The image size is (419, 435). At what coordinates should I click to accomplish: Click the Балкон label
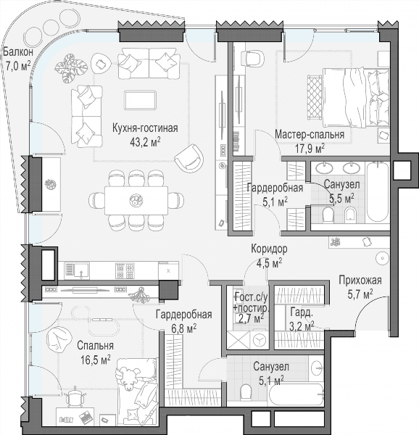point(18,52)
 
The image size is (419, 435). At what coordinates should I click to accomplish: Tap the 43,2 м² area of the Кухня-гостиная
point(145,142)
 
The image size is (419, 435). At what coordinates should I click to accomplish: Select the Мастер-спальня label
point(310,135)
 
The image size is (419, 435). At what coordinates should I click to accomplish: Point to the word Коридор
point(269,249)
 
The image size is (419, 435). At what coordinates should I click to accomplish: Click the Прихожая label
point(360,280)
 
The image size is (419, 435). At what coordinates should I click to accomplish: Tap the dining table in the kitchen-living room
point(136,200)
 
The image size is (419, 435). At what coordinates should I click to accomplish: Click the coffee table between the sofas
point(140,100)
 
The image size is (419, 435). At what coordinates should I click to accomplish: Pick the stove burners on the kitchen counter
point(125,270)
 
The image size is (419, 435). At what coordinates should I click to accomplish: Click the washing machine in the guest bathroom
point(260,339)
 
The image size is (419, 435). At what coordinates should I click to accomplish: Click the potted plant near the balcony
point(69,68)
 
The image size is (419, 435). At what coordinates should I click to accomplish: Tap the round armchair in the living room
point(189,158)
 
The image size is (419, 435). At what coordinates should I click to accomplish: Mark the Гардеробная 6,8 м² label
point(184,321)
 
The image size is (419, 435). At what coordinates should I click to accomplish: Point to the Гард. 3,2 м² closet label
point(302,319)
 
